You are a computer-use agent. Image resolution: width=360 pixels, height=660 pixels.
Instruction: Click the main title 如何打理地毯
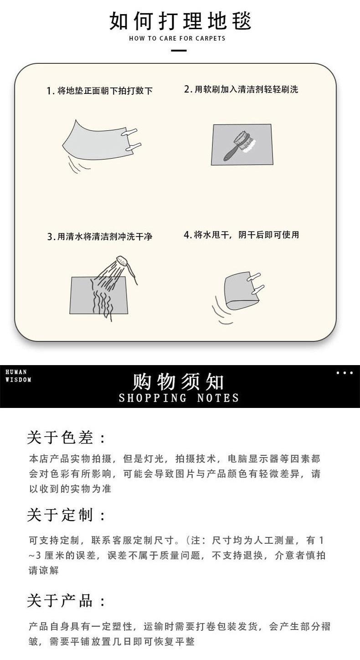(180, 21)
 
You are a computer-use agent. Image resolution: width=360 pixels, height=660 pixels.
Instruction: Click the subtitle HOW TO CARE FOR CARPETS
(177, 38)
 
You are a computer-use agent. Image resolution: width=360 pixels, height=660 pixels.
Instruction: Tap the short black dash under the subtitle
(179, 50)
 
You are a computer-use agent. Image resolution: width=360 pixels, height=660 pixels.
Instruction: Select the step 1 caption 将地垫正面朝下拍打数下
(99, 91)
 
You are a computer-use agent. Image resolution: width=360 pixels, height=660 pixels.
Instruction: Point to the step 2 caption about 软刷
(241, 89)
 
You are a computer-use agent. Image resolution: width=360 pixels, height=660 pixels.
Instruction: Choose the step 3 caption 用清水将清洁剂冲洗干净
(99, 237)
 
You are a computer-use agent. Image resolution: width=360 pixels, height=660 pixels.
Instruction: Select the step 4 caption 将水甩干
(241, 235)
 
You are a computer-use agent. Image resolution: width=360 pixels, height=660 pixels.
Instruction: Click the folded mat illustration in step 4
(242, 292)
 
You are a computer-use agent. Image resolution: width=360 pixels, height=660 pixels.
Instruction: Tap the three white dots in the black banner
(345, 373)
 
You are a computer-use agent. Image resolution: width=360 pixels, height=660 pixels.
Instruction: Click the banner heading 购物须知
(179, 382)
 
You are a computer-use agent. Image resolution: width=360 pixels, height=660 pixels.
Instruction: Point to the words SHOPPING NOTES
(179, 398)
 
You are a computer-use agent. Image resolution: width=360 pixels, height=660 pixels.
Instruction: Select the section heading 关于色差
(67, 438)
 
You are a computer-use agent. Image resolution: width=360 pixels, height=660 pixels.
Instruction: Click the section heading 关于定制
(67, 516)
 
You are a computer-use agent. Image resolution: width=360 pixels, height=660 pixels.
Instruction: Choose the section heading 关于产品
(67, 601)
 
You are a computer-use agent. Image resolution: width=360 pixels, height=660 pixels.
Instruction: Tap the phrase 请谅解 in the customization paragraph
(44, 570)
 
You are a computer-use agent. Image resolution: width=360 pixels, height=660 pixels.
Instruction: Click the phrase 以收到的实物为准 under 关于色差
(70, 489)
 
